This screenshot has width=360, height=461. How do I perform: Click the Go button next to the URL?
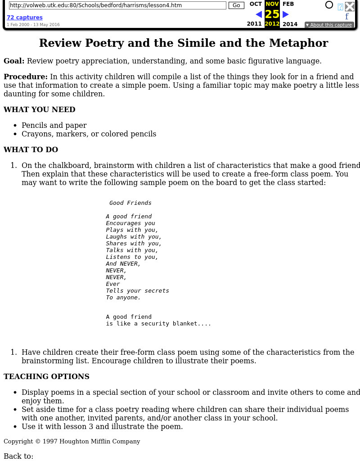pyautogui.click(x=236, y=5)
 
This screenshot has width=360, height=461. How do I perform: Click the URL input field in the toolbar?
pyautogui.click(x=117, y=5)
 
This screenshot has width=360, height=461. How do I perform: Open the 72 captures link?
pyautogui.click(x=24, y=18)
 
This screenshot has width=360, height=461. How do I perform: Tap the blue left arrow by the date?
pyautogui.click(x=259, y=14)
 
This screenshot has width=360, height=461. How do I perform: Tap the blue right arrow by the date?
pyautogui.click(x=285, y=14)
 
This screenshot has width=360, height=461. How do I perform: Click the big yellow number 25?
pyautogui.click(x=272, y=14)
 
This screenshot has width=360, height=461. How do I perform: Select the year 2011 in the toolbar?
pyautogui.click(x=254, y=24)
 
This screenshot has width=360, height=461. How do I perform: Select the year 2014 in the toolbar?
pyautogui.click(x=290, y=24)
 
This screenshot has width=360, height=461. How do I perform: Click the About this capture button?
pyautogui.click(x=329, y=25)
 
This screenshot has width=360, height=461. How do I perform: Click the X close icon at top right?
pyautogui.click(x=350, y=6)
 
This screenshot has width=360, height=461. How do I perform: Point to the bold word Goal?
pyautogui.click(x=14, y=61)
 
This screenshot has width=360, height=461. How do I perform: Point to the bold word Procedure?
pyautogui.click(x=26, y=77)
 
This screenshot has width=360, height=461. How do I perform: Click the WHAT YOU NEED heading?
pyautogui.click(x=40, y=110)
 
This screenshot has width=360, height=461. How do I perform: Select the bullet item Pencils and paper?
pyautogui.click(x=54, y=126)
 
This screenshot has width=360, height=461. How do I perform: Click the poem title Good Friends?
pyautogui.click(x=130, y=203)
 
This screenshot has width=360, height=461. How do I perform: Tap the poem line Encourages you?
pyautogui.click(x=130, y=223)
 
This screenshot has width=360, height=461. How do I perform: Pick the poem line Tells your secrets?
pyautogui.click(x=137, y=291)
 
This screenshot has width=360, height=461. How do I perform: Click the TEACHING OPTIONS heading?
pyautogui.click(x=46, y=377)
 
